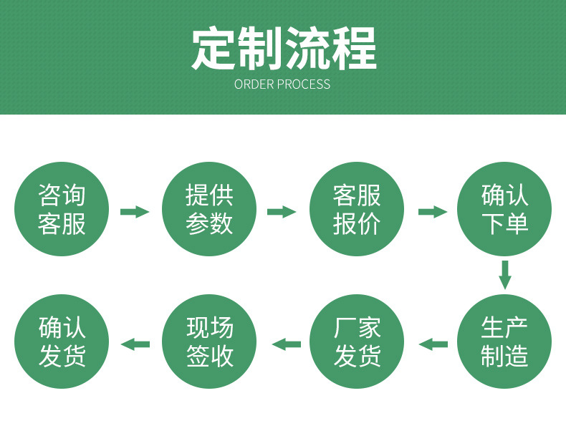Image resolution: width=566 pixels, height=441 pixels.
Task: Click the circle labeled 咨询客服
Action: (x=62, y=209)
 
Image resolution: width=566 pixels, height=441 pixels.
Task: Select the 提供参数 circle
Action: (x=209, y=209)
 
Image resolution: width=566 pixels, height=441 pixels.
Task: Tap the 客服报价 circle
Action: (x=357, y=209)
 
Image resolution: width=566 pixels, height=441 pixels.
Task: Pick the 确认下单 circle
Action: (x=504, y=209)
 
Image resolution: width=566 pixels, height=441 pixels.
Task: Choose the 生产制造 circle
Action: (x=504, y=341)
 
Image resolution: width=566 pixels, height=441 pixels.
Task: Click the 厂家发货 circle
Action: (x=357, y=341)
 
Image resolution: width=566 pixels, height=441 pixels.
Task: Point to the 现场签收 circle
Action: (x=209, y=341)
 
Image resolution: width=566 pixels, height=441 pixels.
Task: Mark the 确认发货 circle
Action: (x=62, y=341)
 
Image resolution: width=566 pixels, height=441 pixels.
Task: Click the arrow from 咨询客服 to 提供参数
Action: (x=135, y=212)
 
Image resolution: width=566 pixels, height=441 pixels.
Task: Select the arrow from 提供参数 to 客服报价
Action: (x=282, y=212)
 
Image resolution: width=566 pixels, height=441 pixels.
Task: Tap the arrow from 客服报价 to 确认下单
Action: (x=433, y=212)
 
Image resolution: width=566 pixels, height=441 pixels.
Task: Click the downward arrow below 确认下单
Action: (x=505, y=275)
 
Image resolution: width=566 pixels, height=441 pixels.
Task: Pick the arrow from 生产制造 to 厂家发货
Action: (x=433, y=344)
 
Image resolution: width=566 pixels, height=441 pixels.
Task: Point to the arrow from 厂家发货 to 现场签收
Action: (x=287, y=344)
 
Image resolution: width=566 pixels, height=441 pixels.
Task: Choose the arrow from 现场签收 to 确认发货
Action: (x=135, y=344)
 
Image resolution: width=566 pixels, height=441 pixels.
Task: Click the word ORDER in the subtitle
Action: (x=254, y=84)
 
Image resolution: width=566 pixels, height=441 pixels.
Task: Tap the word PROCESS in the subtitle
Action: (x=304, y=84)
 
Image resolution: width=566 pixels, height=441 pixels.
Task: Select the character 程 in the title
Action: (x=355, y=48)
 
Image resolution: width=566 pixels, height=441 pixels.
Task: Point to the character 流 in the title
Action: (x=307, y=48)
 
